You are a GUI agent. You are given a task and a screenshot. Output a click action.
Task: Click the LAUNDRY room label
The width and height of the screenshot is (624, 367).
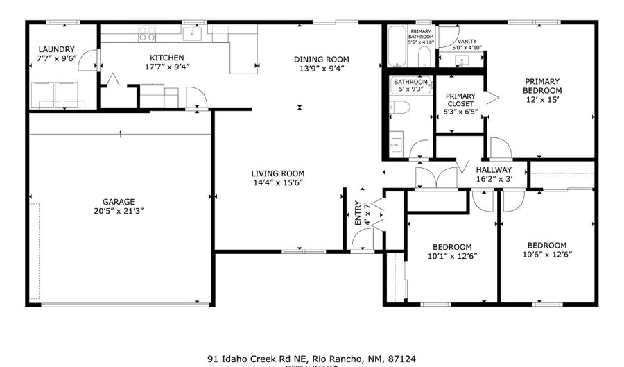(56, 49)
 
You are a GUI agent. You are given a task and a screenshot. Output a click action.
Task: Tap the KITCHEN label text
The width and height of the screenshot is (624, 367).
(166, 58)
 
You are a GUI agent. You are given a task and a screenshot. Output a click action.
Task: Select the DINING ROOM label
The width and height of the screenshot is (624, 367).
(322, 59)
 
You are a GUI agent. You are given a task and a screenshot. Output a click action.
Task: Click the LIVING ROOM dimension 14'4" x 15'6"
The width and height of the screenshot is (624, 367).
(277, 182)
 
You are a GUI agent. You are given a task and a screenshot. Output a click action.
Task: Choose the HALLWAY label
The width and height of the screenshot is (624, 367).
(494, 169)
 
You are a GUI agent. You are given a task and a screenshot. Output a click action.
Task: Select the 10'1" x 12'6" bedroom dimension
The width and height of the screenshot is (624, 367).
(452, 256)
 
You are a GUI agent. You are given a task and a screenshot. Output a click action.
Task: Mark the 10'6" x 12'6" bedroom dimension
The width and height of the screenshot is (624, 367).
(546, 254)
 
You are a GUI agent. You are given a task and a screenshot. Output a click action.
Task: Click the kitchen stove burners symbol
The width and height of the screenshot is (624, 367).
(146, 33)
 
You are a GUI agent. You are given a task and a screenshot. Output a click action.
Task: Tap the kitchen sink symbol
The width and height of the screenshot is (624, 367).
(195, 32)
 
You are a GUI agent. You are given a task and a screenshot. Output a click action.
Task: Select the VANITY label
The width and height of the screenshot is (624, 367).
(465, 41)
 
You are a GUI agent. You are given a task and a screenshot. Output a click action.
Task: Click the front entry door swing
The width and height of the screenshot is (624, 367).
(363, 239)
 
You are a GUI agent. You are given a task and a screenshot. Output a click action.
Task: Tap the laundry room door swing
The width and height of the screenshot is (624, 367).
(88, 61)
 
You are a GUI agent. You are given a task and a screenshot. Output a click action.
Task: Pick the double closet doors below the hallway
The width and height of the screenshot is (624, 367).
(435, 178)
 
